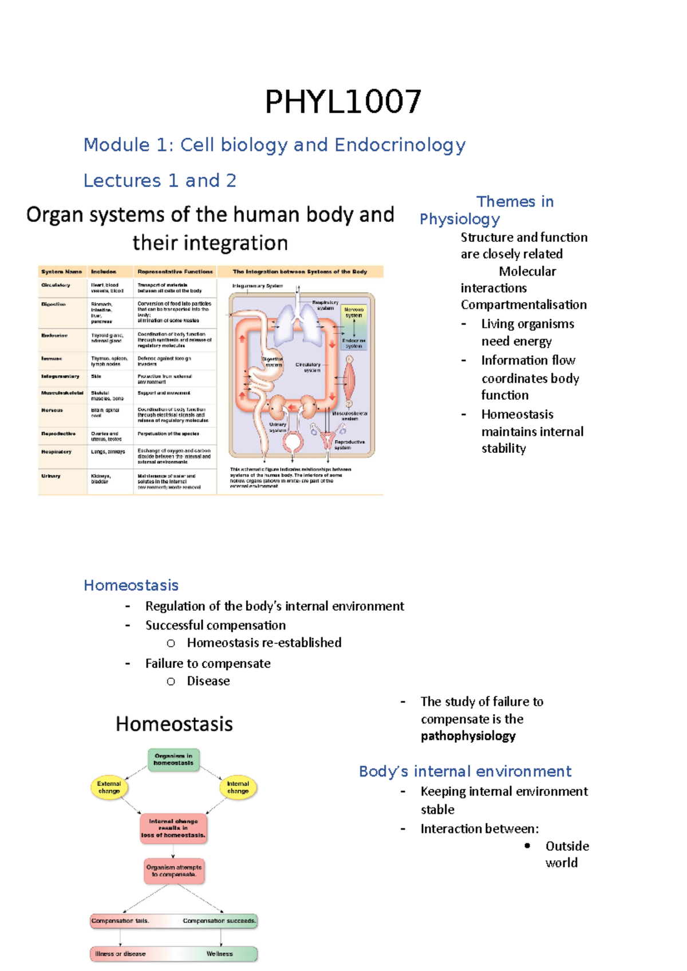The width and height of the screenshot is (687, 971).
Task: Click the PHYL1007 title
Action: pyautogui.click(x=343, y=102)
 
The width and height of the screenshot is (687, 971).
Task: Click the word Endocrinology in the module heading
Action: pyautogui.click(x=400, y=145)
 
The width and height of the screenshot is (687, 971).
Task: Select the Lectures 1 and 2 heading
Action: pyautogui.click(x=160, y=181)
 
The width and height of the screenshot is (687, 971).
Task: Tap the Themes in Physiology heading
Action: pyautogui.click(x=487, y=210)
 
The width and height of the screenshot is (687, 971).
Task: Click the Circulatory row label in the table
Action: pyautogui.click(x=56, y=285)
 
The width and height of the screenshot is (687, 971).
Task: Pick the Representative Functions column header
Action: pyautogui.click(x=175, y=272)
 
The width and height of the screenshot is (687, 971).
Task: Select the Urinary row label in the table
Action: pyautogui.click(x=51, y=476)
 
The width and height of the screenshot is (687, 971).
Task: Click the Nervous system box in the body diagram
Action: pyautogui.click(x=353, y=312)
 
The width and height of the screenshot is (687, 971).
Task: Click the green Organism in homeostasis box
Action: pyautogui.click(x=173, y=759)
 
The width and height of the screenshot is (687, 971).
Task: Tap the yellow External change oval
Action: pyautogui.click(x=109, y=787)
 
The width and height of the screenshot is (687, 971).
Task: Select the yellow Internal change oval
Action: pyautogui.click(x=238, y=787)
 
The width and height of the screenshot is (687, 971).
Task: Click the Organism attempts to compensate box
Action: pyautogui.click(x=173, y=871)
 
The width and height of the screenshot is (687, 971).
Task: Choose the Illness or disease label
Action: pyautogui.click(x=120, y=954)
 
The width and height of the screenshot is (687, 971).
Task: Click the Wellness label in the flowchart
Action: pyautogui.click(x=220, y=954)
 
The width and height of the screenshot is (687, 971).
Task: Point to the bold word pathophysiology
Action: pyautogui.click(x=468, y=736)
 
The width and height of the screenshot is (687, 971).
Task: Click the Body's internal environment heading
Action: pyautogui.click(x=465, y=771)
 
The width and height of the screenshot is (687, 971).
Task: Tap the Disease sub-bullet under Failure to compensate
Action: pyautogui.click(x=208, y=681)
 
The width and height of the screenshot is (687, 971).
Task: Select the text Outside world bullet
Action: pyautogui.click(x=566, y=854)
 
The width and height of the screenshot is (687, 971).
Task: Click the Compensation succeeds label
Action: pyautogui.click(x=219, y=921)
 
